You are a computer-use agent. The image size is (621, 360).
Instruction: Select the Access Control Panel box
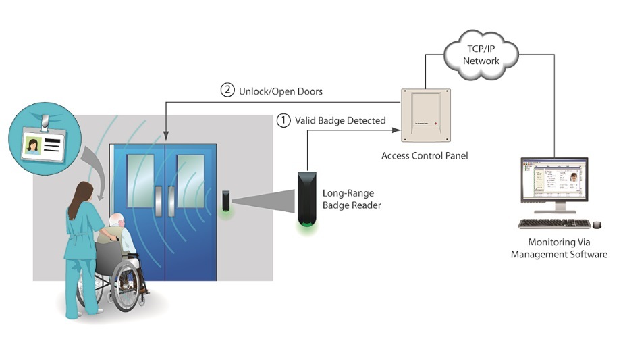pos(425,115)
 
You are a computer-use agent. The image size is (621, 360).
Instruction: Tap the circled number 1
pos(284,120)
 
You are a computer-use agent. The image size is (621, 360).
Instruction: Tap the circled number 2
pos(227,90)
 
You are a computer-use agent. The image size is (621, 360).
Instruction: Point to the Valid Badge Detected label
pos(340,121)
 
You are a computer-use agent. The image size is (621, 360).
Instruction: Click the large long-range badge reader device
pos(306,199)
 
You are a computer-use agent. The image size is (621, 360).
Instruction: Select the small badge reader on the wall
pos(226,201)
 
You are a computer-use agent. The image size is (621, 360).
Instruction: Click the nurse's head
pos(83,190)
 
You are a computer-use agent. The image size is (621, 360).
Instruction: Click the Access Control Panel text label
pos(425,156)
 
